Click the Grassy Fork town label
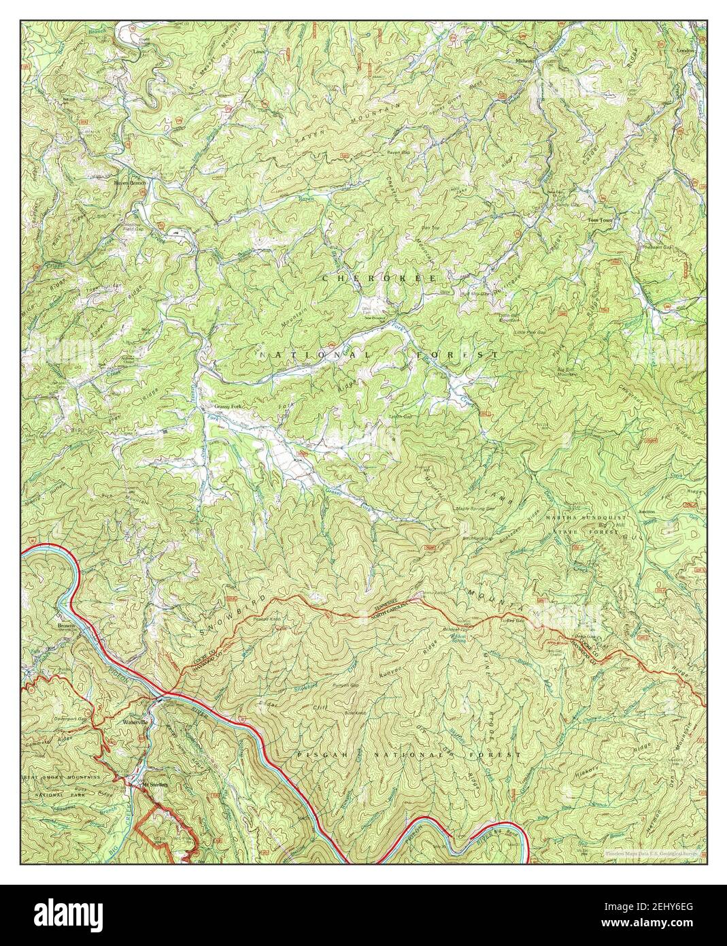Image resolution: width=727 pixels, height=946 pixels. pos(228,407)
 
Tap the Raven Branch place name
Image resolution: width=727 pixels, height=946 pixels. pos(130,183)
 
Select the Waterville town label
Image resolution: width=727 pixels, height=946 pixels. pos(135,721)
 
